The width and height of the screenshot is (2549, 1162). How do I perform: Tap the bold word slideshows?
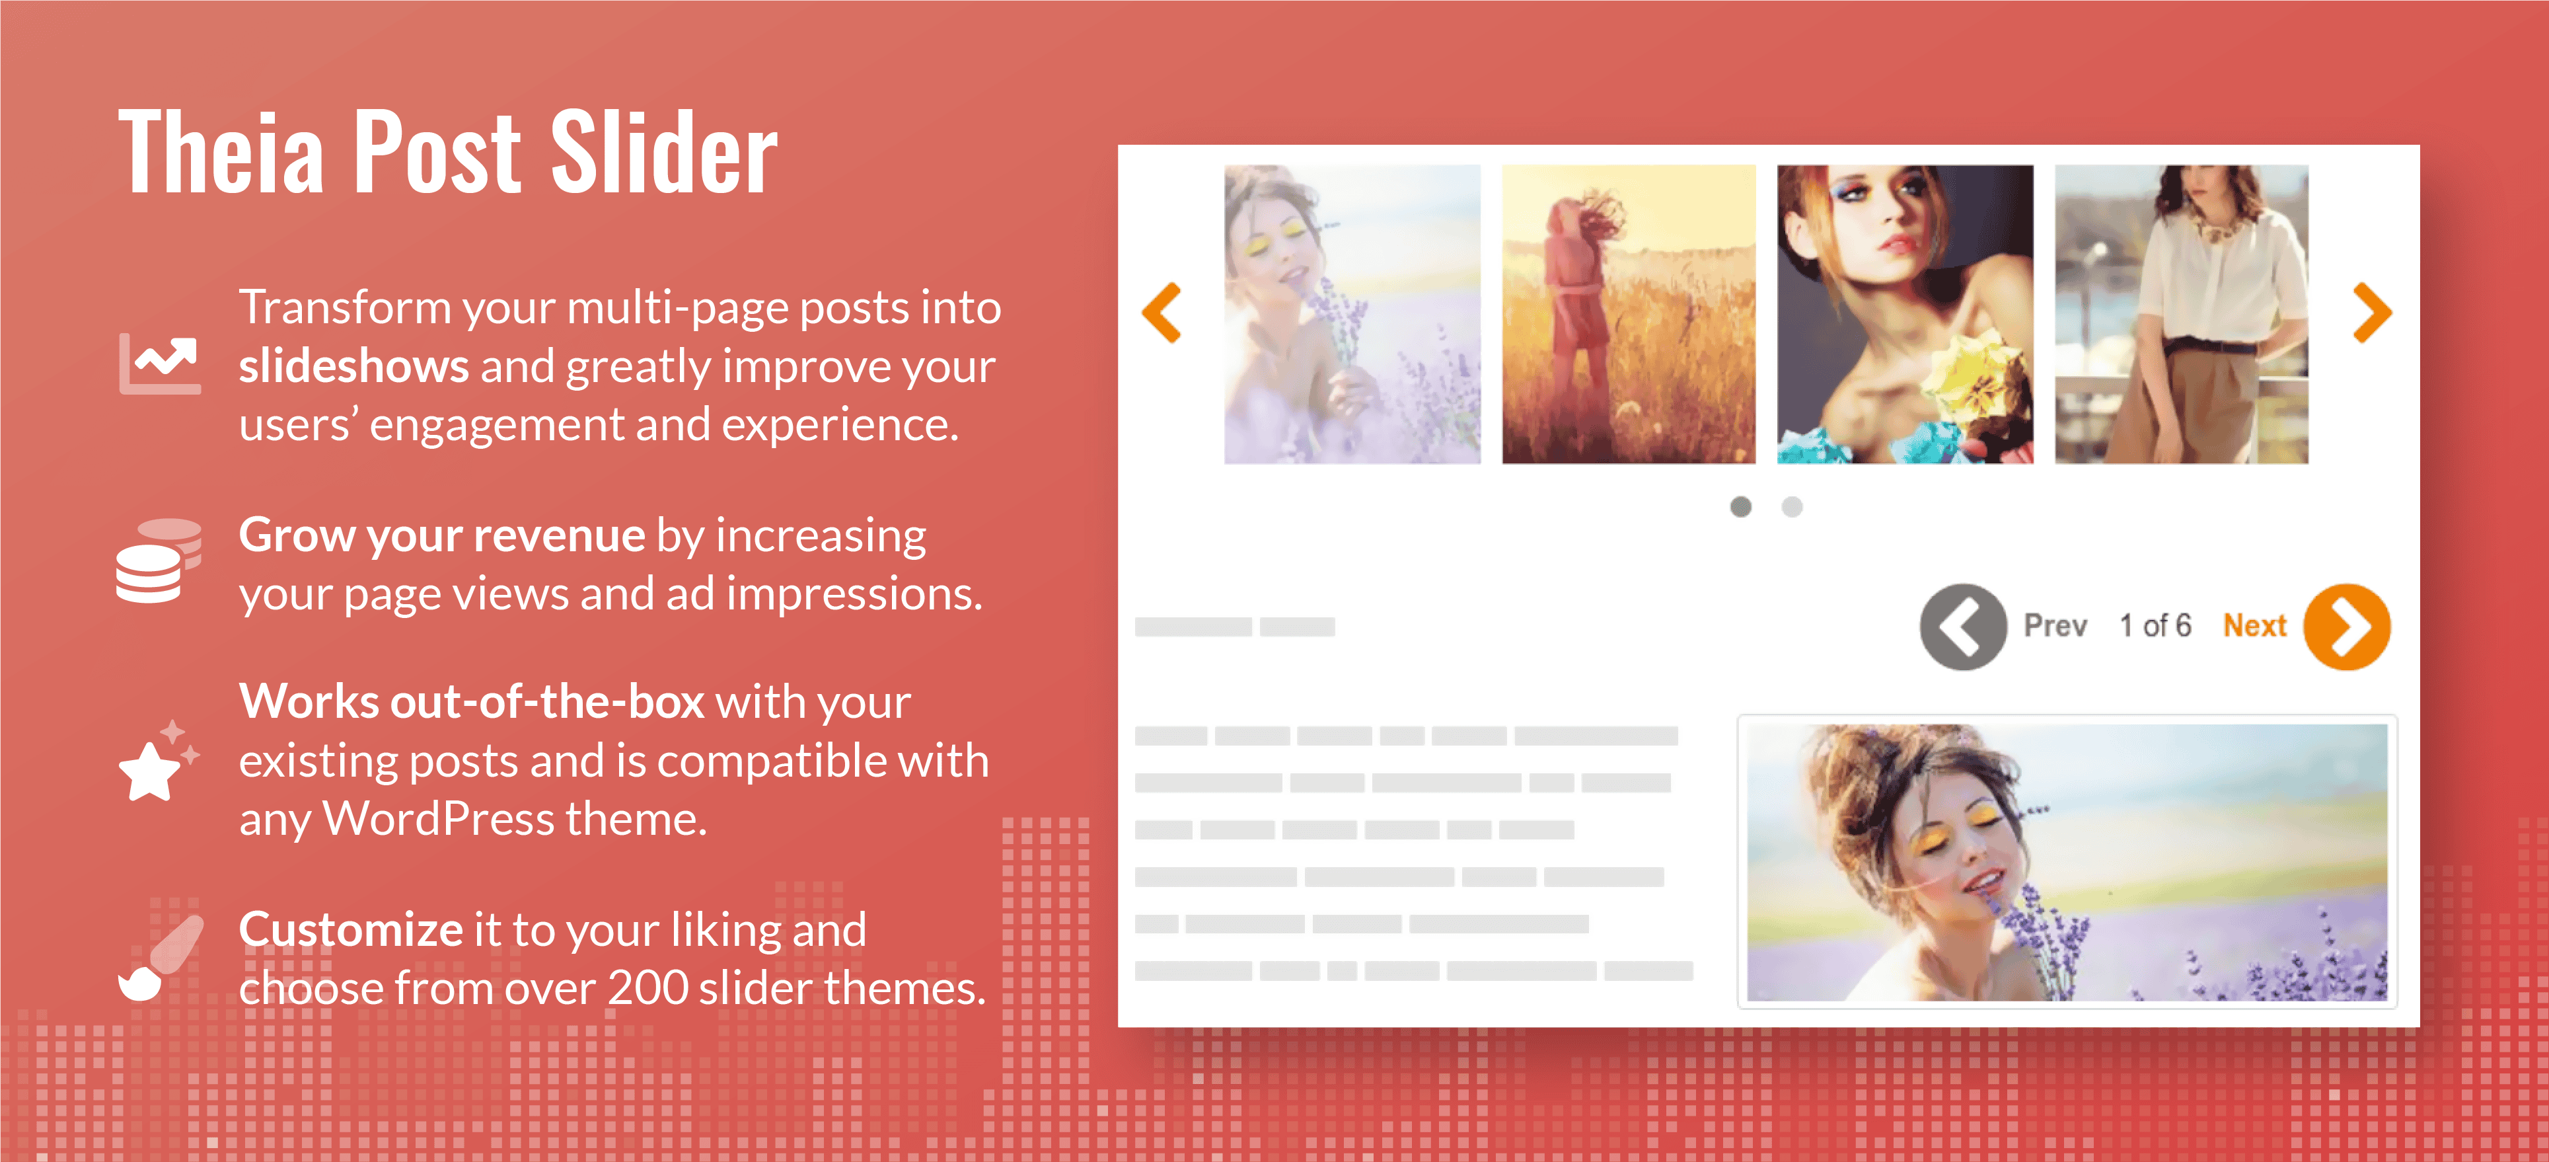coord(353,366)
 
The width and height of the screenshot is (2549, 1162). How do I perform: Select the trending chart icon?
coord(159,364)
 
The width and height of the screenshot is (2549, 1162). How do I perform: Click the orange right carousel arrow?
coord(2372,313)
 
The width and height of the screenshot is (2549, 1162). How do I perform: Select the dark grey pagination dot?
coord(1740,507)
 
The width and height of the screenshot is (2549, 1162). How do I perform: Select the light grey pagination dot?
coord(1792,507)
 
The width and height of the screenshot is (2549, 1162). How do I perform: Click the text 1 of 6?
coord(2155,625)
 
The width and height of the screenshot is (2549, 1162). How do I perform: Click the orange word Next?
coord(2255,625)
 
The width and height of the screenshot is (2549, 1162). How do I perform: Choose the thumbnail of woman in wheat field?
coord(1629,314)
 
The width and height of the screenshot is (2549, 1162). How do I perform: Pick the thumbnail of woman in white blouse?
coord(2182,314)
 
